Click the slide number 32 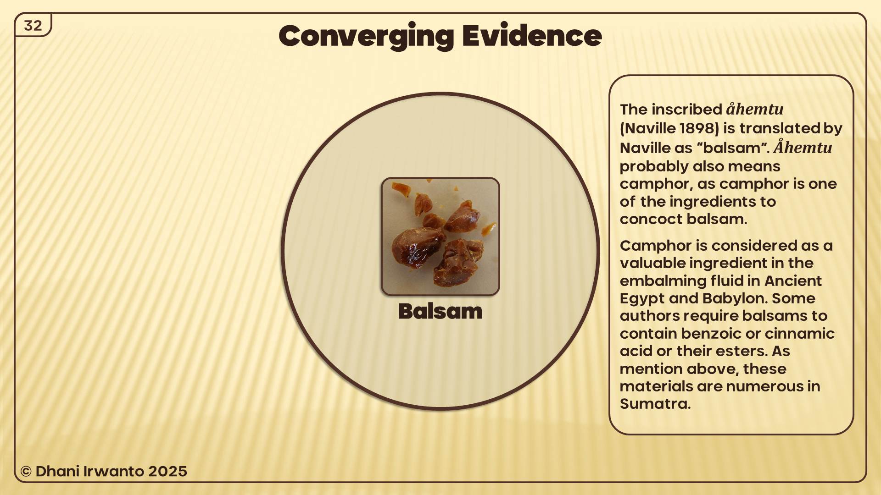pyautogui.click(x=33, y=26)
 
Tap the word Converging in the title pyautogui.click(x=366, y=36)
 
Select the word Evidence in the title pyautogui.click(x=532, y=36)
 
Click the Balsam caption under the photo pyautogui.click(x=440, y=312)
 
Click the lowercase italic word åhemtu pyautogui.click(x=755, y=109)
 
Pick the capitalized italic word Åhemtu pyautogui.click(x=803, y=148)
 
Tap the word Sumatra pyautogui.click(x=655, y=404)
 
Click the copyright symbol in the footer pyautogui.click(x=26, y=472)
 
